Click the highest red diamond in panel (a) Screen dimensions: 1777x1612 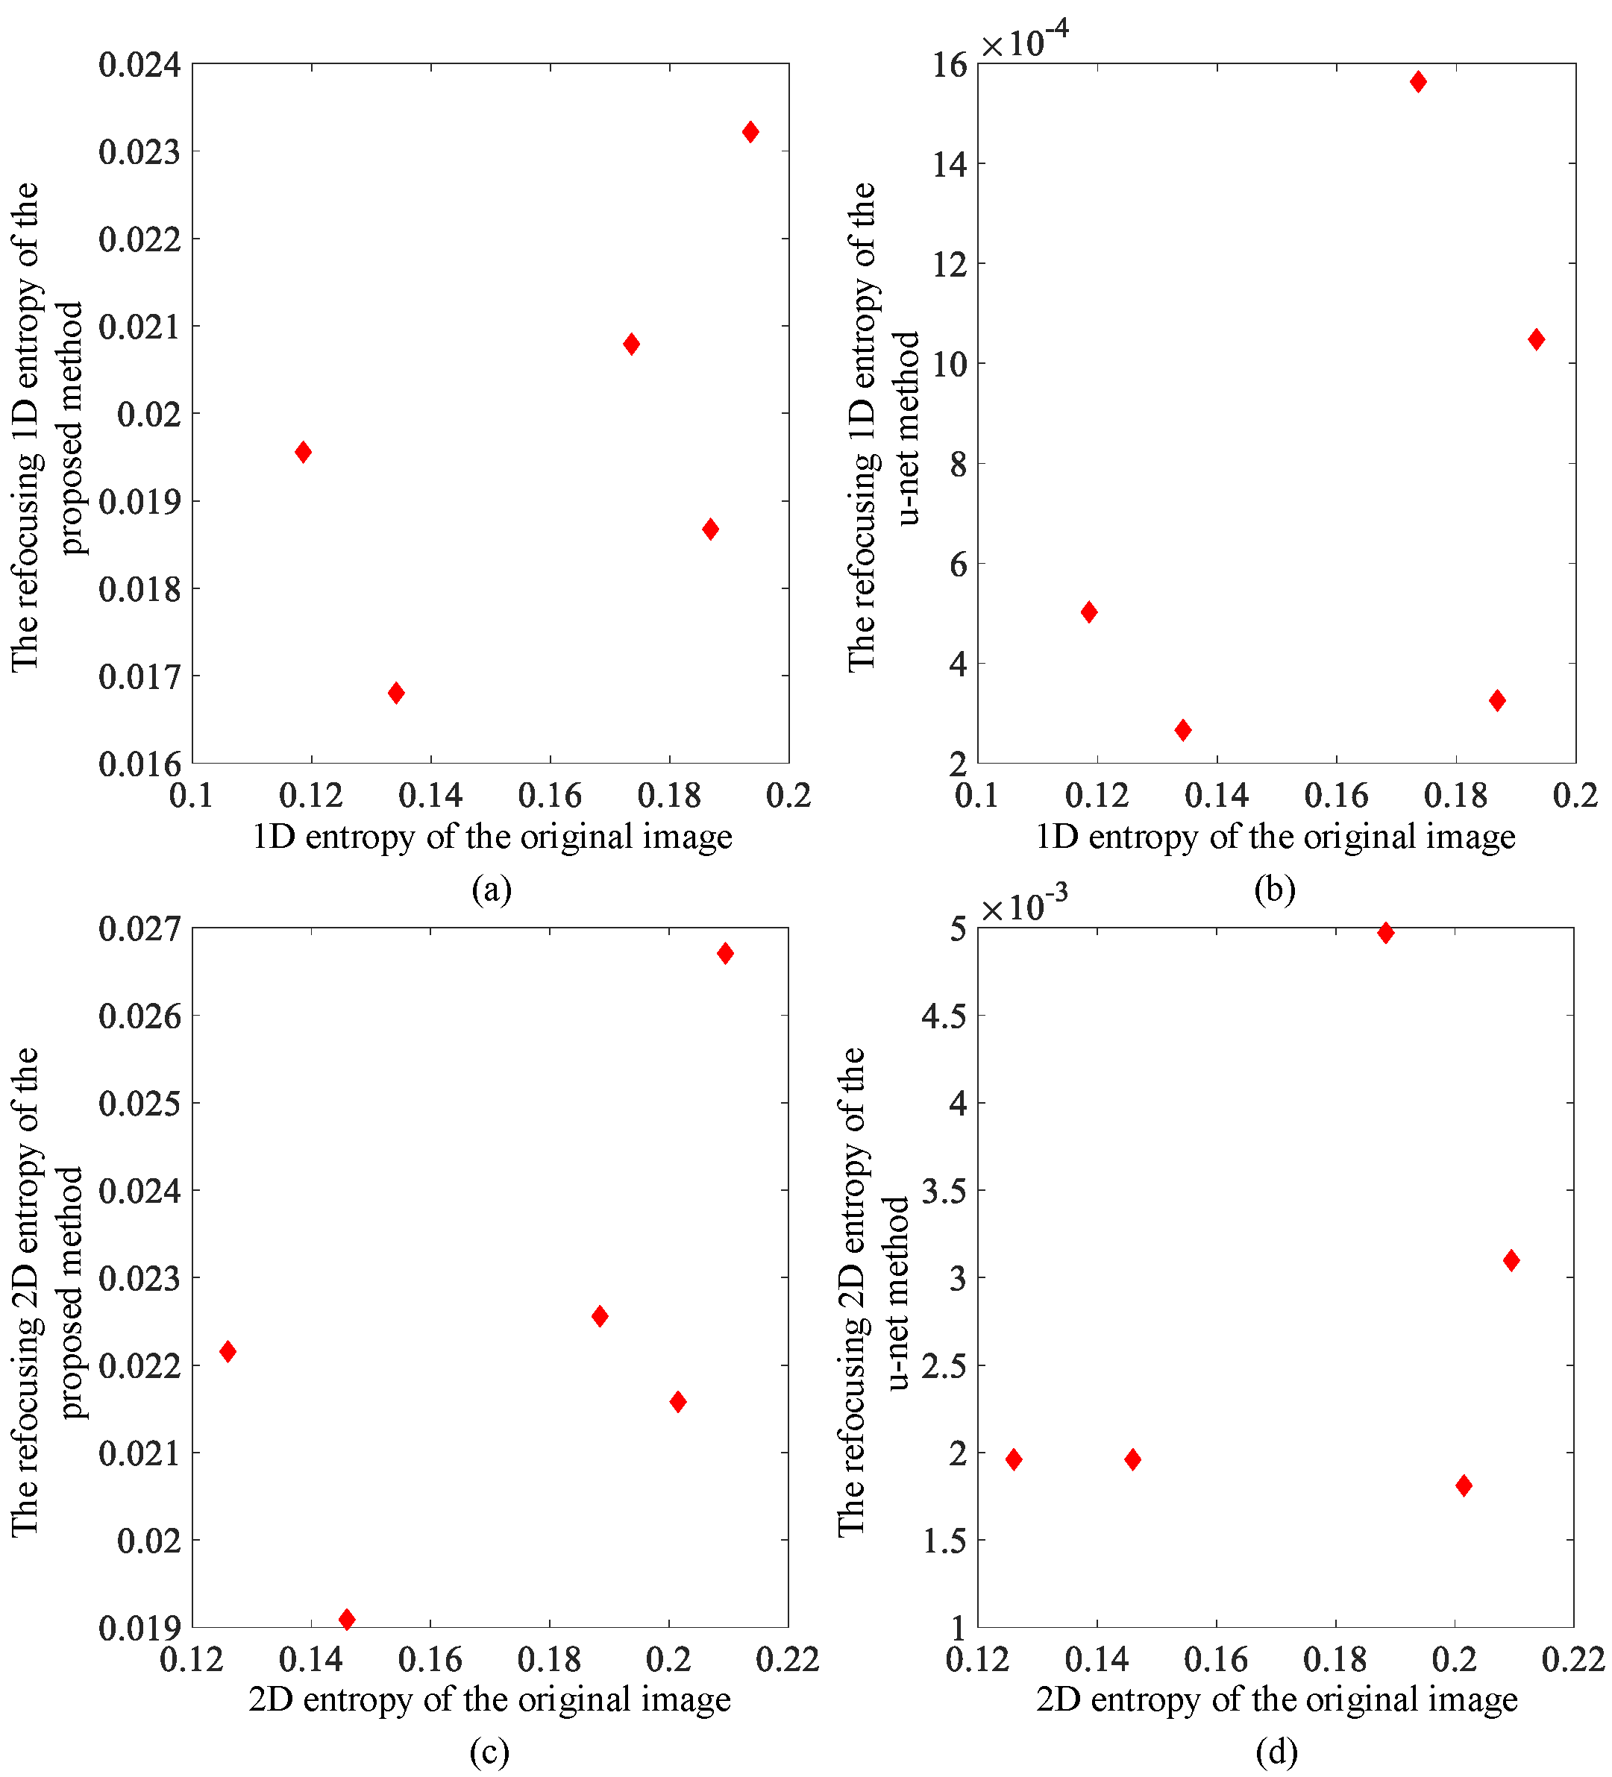[750, 132]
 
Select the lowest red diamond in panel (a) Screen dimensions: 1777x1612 [396, 692]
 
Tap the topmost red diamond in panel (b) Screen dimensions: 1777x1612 [1418, 82]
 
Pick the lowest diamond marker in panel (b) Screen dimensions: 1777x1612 [1182, 730]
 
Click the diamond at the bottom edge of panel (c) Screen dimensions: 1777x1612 [347, 1618]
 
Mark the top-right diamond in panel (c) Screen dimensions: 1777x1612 [725, 953]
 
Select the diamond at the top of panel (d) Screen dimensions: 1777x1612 [1385, 933]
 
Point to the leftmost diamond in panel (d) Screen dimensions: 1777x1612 [1013, 1459]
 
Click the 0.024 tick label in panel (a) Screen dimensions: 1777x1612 [139, 64]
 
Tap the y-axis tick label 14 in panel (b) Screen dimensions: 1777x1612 [949, 165]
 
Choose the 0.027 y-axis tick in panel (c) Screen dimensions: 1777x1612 [139, 928]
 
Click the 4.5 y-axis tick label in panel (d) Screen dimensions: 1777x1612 [944, 1016]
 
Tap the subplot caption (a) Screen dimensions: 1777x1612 [491, 890]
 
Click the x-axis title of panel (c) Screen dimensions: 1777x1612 [489, 1699]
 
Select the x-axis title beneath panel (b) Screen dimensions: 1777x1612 [1275, 836]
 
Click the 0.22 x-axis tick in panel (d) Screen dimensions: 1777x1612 [1573, 1660]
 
